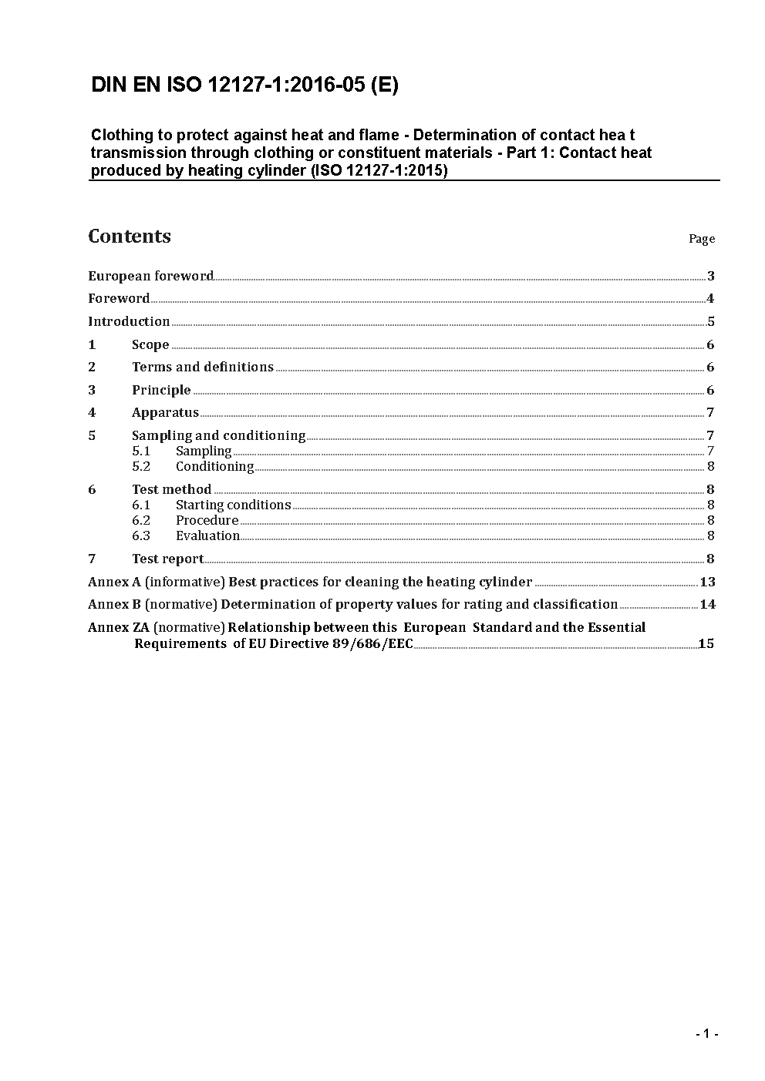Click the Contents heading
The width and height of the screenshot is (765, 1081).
(130, 237)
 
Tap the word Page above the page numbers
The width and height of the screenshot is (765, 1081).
(701, 239)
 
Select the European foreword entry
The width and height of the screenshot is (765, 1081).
(150, 276)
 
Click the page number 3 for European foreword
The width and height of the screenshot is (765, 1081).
(710, 277)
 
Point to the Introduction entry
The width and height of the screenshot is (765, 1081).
(129, 321)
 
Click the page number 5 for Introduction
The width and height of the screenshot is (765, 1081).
(710, 322)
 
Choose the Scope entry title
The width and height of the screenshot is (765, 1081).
(150, 344)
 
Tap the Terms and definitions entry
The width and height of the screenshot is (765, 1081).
(202, 367)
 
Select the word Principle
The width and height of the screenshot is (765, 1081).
(161, 390)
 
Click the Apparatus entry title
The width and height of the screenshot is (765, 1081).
(165, 412)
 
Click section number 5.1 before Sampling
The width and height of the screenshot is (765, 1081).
(141, 451)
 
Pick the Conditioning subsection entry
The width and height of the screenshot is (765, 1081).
(214, 466)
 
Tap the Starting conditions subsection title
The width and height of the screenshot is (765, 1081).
(233, 505)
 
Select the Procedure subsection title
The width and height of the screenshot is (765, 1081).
(207, 520)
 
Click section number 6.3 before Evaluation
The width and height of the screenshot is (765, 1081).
(141, 535)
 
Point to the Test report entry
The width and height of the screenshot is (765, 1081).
(167, 559)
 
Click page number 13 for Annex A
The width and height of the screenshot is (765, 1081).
(707, 582)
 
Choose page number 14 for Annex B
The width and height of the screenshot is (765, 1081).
(707, 604)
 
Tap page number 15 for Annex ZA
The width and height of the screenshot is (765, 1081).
(706, 643)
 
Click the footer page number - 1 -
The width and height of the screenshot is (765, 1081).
(706, 1033)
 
